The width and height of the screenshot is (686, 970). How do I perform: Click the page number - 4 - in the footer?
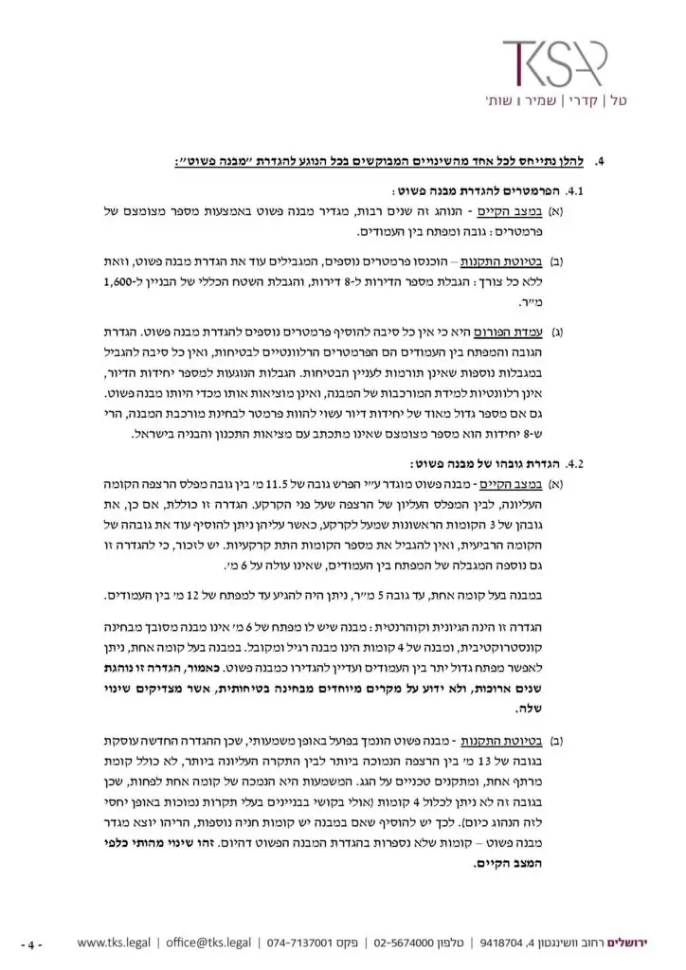36,943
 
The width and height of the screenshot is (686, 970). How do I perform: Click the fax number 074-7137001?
297,943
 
